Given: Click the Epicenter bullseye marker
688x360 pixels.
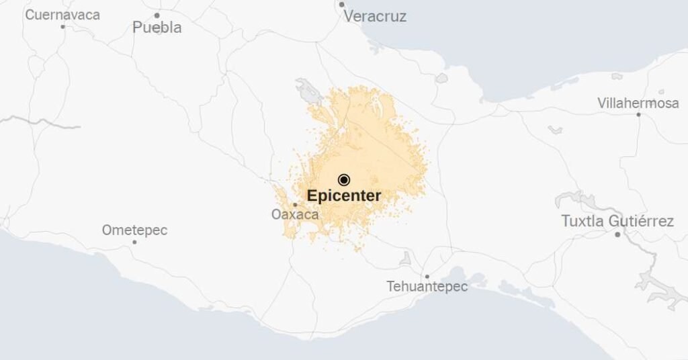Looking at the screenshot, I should pyautogui.click(x=344, y=179).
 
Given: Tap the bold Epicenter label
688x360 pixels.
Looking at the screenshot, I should pyautogui.click(x=344, y=196).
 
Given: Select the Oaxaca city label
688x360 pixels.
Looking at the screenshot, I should pyautogui.click(x=294, y=215).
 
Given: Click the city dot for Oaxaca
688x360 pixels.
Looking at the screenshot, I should pyautogui.click(x=295, y=204).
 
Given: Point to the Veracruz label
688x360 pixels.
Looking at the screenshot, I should pyautogui.click(x=375, y=16).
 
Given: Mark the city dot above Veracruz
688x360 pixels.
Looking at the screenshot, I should pyautogui.click(x=342, y=4).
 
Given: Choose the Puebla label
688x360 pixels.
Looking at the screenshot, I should pyautogui.click(x=157, y=28).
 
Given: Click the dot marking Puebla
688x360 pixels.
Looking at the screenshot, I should pyautogui.click(x=157, y=15).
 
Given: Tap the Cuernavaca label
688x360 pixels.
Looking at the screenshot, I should pyautogui.click(x=62, y=14).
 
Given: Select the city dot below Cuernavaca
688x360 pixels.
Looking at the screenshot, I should pyautogui.click(x=63, y=27).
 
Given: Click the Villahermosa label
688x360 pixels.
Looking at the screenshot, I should pyautogui.click(x=638, y=103).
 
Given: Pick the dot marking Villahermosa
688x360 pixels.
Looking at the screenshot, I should pyautogui.click(x=638, y=114).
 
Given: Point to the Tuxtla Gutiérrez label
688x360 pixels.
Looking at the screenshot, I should pyautogui.click(x=617, y=221).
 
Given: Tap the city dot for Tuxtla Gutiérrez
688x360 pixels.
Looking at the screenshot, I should pyautogui.click(x=617, y=234).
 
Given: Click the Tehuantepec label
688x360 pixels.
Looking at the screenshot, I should pyautogui.click(x=427, y=286).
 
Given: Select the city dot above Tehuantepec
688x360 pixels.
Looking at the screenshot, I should pyautogui.click(x=427, y=276).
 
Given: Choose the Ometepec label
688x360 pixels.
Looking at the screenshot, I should pyautogui.click(x=134, y=230).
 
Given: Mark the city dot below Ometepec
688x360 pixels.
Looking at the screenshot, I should pyautogui.click(x=134, y=242).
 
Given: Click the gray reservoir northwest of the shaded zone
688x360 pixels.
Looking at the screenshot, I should pyautogui.click(x=309, y=90).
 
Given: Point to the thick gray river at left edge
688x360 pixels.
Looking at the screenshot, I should pyautogui.click(x=40, y=122).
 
